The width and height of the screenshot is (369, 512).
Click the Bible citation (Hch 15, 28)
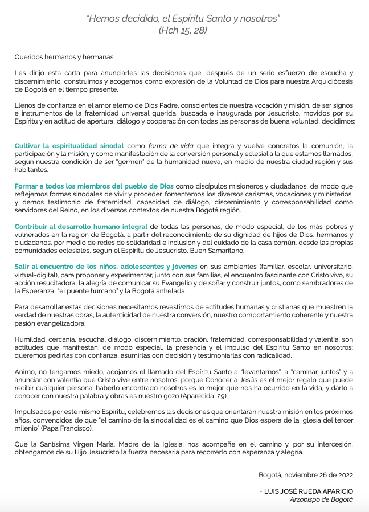[x=183, y=30]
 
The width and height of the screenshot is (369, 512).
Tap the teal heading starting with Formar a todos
[x=95, y=186]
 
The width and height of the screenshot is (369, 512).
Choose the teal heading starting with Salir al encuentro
[x=106, y=267]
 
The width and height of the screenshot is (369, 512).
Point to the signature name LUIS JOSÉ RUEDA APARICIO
[x=306, y=491]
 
